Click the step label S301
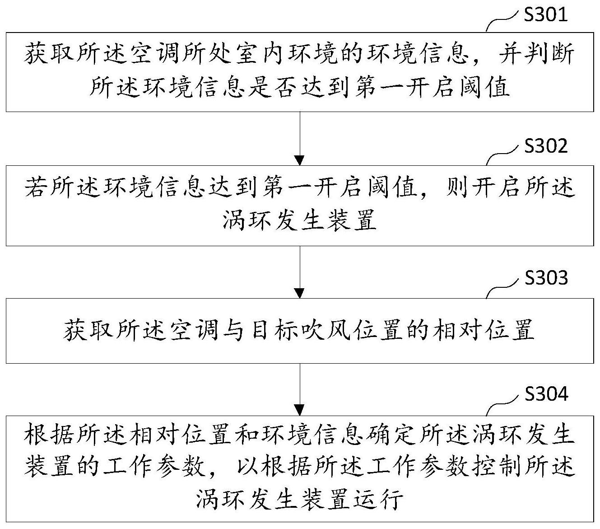click(x=545, y=15)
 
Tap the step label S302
click(x=545, y=146)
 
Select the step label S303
click(x=546, y=278)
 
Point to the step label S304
click(x=546, y=394)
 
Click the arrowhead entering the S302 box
click(x=300, y=160)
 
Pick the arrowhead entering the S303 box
click(x=300, y=293)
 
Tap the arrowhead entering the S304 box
click(x=300, y=411)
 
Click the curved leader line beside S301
click(x=502, y=21)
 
